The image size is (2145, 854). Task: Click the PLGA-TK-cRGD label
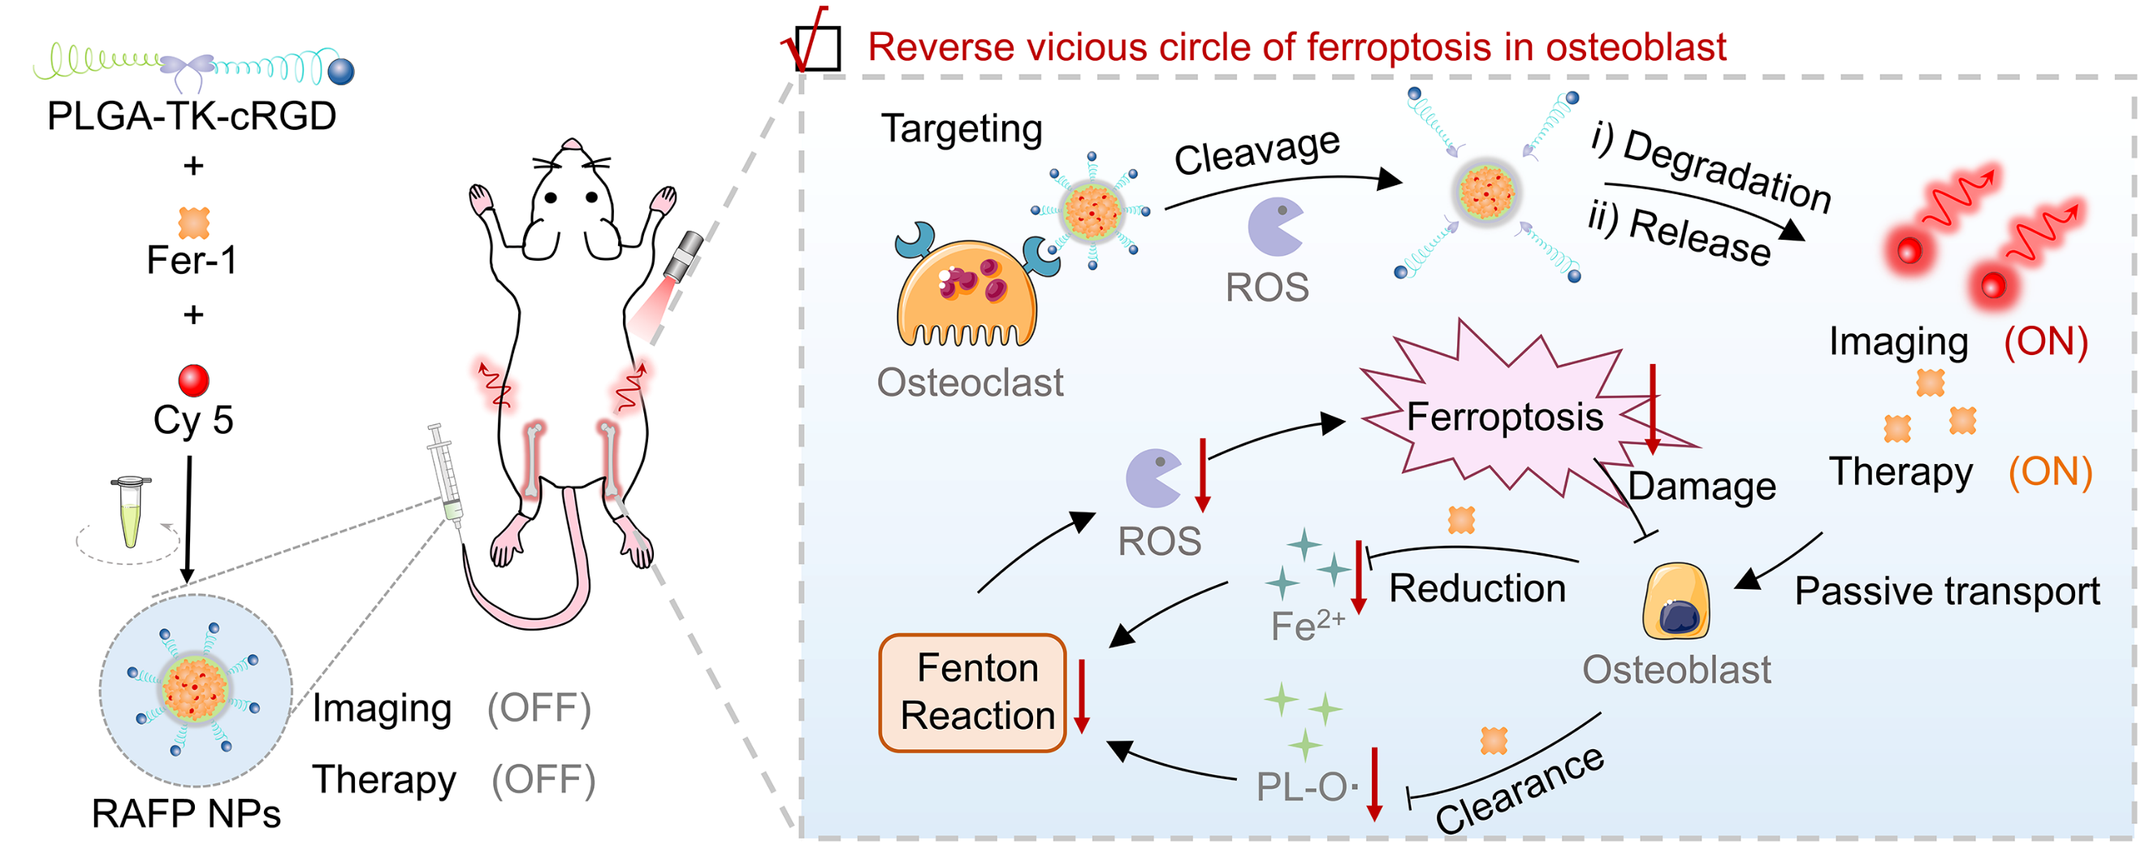point(192,116)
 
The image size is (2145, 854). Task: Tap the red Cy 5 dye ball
point(193,380)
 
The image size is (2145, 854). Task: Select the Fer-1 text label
point(192,260)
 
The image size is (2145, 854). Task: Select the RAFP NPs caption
point(186,814)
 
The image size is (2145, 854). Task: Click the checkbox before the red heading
point(817,48)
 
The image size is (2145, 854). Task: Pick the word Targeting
point(962,129)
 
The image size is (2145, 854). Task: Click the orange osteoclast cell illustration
point(966,292)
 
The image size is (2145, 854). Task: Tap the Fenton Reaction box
point(972,692)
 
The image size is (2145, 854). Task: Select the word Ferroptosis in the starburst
point(1504,417)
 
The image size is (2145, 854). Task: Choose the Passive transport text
point(1947,592)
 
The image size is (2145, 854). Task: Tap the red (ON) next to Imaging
point(2045,341)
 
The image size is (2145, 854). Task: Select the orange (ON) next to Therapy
point(2049,472)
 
